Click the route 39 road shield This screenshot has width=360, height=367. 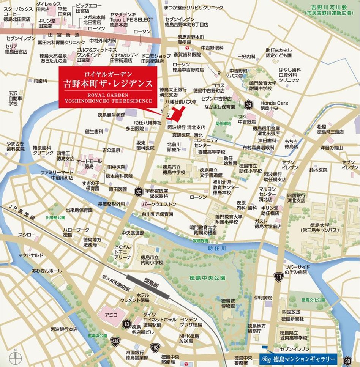pos(249,105)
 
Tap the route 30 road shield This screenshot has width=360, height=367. pos(138,192)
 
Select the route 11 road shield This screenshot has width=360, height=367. pos(279,277)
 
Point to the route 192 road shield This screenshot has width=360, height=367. pos(155,347)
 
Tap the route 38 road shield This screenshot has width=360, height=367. pos(347,361)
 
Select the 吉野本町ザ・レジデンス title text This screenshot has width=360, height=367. pos(108,83)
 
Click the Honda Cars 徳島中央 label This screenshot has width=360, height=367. pos(274,106)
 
